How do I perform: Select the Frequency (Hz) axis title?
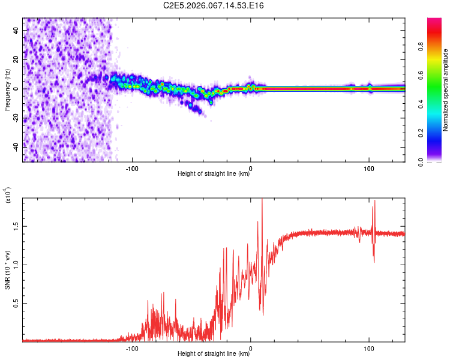(x=7, y=89)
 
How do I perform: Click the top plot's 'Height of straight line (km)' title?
(x=214, y=174)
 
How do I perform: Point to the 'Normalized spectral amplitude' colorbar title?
(x=446, y=90)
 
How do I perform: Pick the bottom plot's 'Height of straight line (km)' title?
(x=214, y=354)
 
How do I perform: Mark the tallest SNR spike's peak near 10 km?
(x=262, y=200)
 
